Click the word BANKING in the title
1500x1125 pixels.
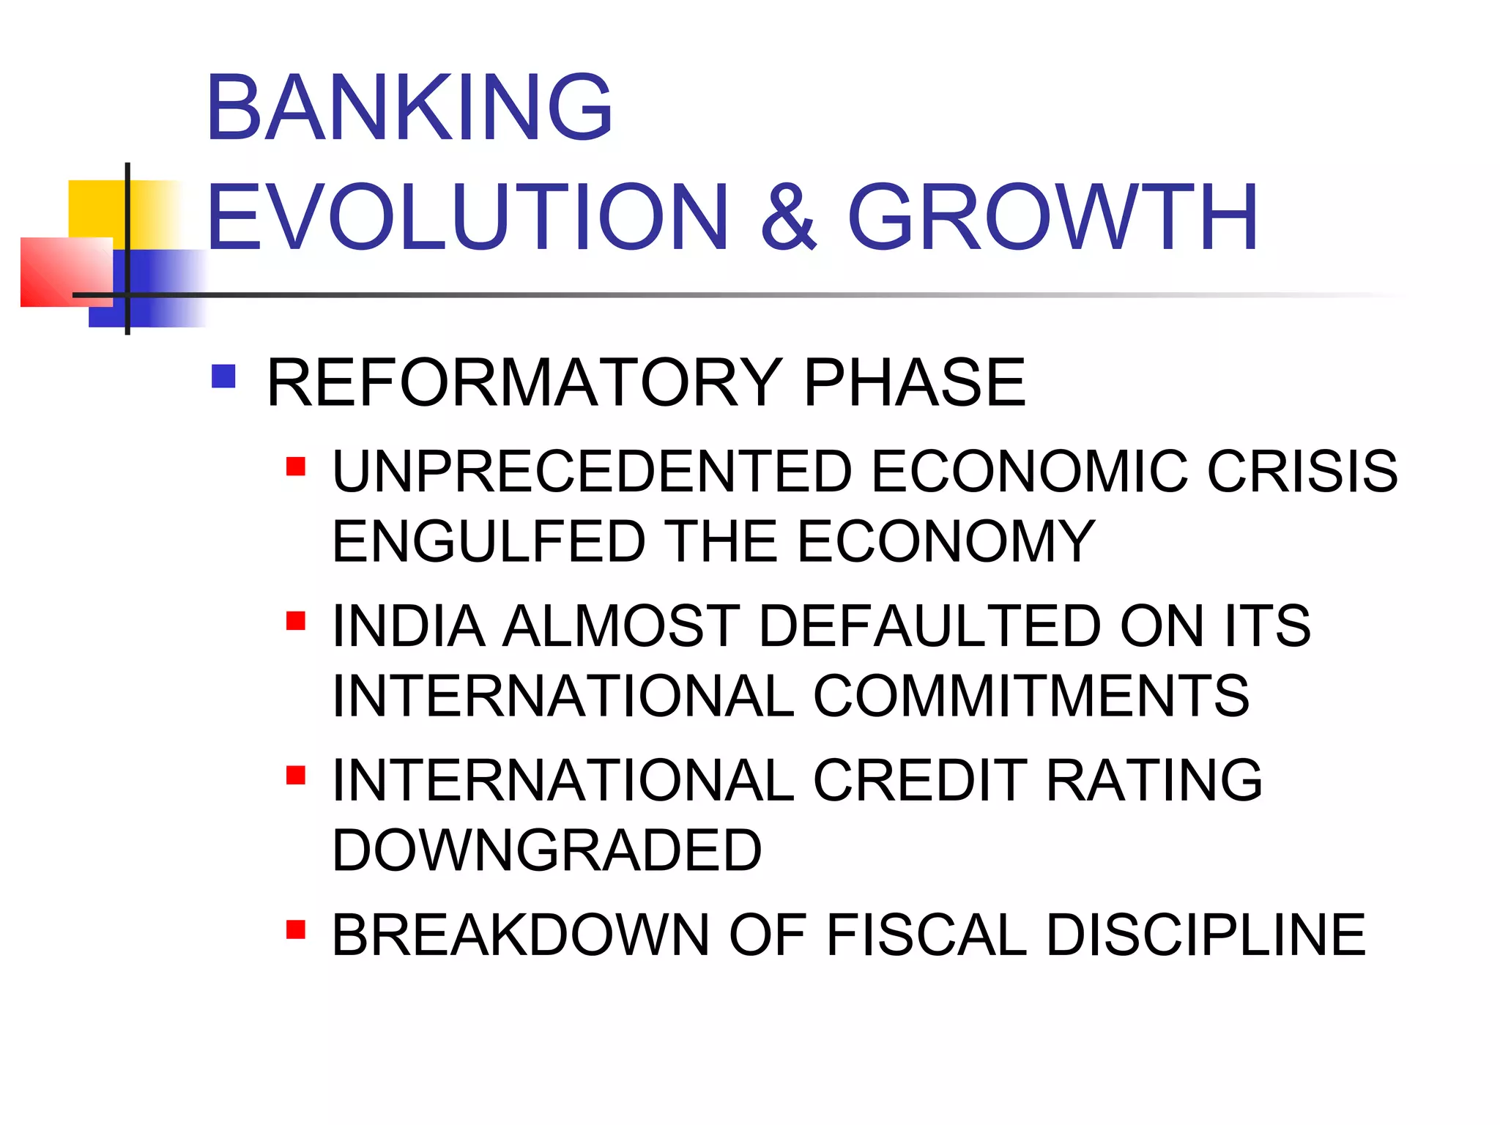tap(409, 108)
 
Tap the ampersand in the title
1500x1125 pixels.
tap(788, 218)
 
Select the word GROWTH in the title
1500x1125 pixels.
tap(1052, 218)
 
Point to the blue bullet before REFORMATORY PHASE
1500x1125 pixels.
tap(223, 376)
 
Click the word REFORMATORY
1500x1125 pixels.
tap(524, 382)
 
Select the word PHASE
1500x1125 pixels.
tap(915, 382)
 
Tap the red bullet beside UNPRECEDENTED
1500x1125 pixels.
tap(296, 467)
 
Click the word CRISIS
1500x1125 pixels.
tap(1302, 471)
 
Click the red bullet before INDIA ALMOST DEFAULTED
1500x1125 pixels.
tap(296, 621)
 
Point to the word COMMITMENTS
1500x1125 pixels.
tap(1031, 696)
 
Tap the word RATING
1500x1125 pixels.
tap(1154, 781)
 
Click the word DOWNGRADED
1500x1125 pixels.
tap(547, 850)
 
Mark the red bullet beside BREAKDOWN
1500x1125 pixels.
tap(296, 929)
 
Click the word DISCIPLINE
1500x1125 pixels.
tap(1206, 935)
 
